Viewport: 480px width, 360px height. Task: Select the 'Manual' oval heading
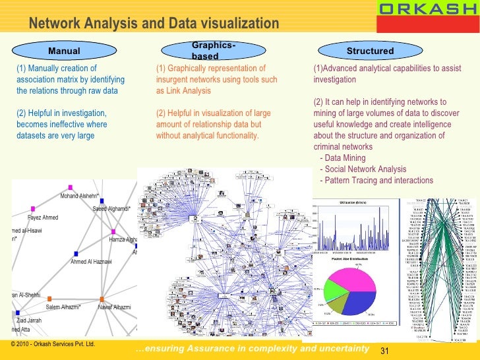[65, 51]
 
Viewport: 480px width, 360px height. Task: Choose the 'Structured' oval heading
[370, 51]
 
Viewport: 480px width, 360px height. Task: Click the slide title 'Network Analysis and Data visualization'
[154, 24]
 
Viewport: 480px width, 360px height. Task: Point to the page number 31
[387, 349]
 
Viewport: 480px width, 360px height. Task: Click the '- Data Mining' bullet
[343, 159]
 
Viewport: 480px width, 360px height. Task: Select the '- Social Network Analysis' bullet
[362, 169]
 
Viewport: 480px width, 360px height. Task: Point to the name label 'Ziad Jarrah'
[29, 320]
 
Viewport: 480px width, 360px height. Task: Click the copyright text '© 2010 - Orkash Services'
[50, 344]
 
